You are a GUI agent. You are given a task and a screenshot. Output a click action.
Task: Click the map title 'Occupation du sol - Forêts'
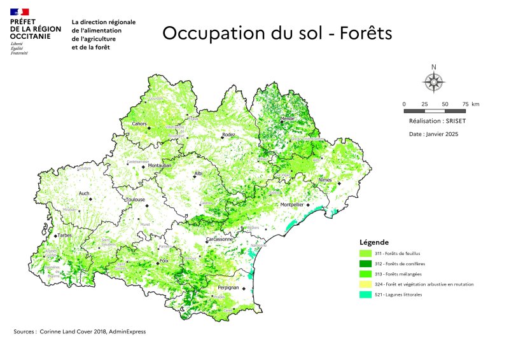pyautogui.click(x=277, y=33)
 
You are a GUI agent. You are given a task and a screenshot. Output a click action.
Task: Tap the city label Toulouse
pyautogui.click(x=136, y=200)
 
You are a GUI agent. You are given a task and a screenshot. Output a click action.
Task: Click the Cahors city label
pyautogui.click(x=139, y=123)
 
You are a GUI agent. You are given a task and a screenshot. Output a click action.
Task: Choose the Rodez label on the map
pyautogui.click(x=228, y=135)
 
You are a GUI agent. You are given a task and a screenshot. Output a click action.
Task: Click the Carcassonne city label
pyautogui.click(x=220, y=240)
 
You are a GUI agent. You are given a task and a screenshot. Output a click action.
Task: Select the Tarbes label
pyautogui.click(x=66, y=235)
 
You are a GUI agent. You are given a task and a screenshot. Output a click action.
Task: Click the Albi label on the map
pyautogui.click(x=198, y=173)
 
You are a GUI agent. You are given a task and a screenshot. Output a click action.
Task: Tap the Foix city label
pyautogui.click(x=163, y=260)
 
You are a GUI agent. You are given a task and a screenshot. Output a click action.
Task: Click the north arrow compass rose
pyautogui.click(x=434, y=81)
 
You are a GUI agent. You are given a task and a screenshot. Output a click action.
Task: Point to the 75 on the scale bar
pyautogui.click(x=465, y=104)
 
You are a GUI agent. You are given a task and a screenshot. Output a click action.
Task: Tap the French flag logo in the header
pyautogui.click(x=20, y=12)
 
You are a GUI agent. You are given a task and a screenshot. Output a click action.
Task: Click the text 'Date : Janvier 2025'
pyautogui.click(x=433, y=134)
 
